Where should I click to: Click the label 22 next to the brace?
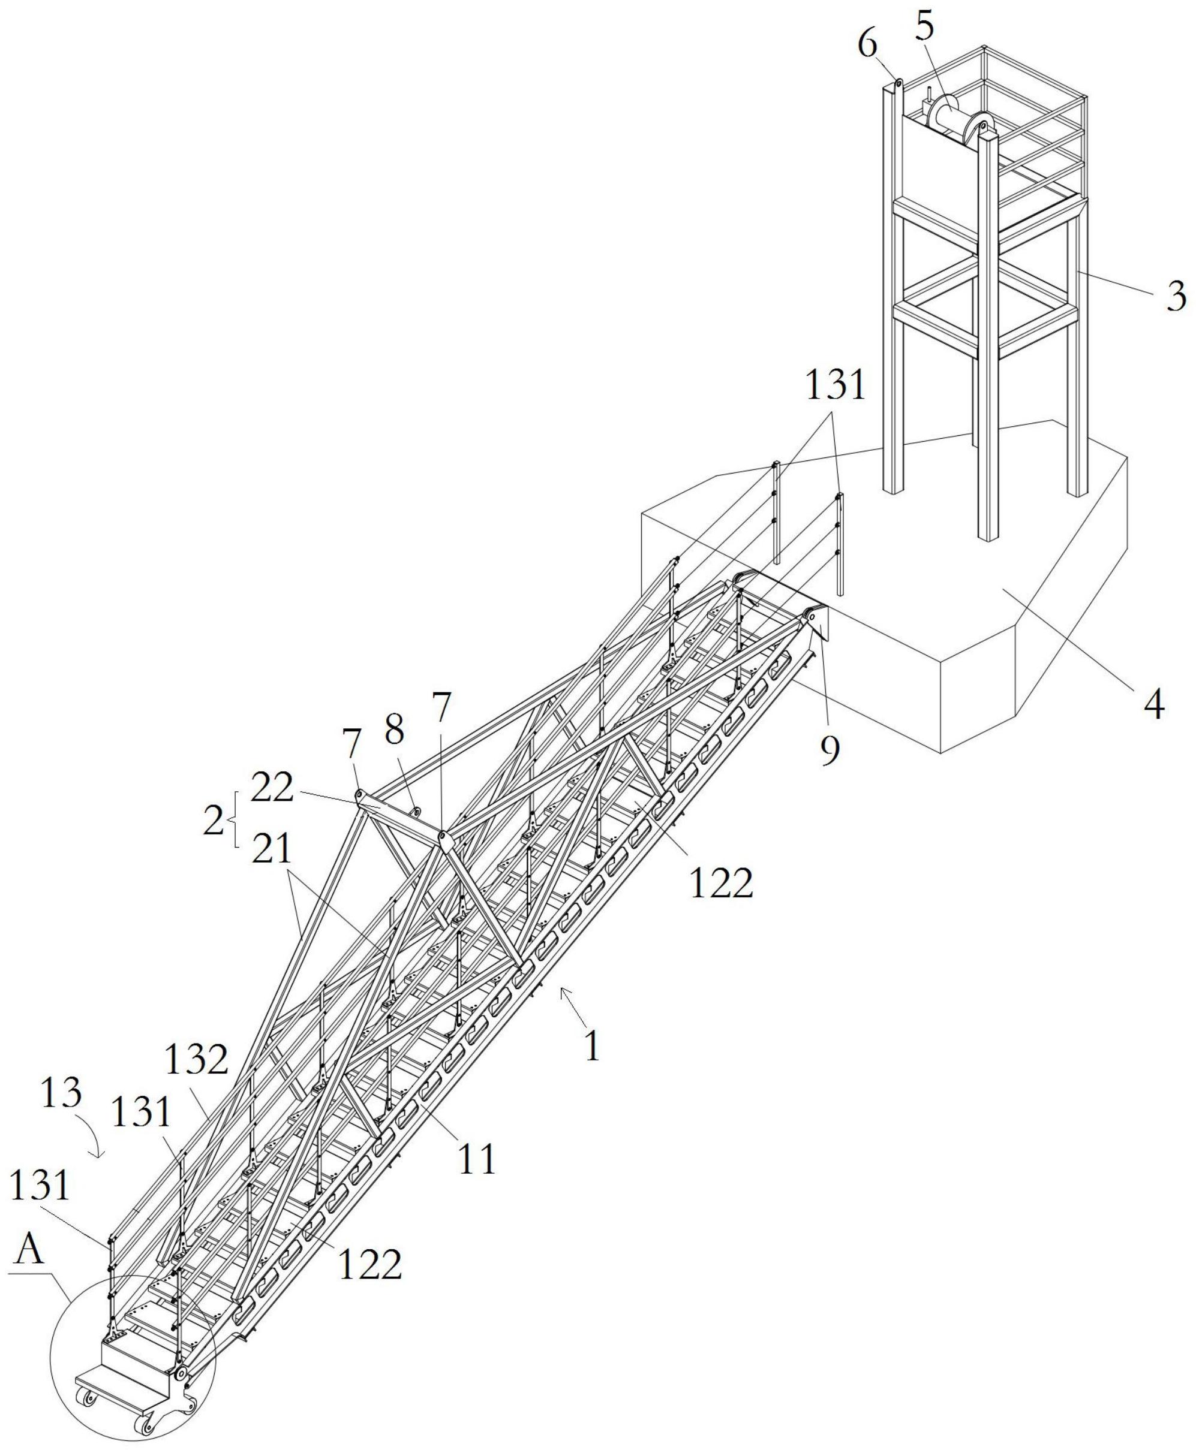[272, 789]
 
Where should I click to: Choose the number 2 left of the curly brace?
[214, 821]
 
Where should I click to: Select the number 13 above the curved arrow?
[62, 1093]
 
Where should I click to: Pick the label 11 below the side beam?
[477, 1158]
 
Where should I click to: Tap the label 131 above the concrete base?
[836, 385]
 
